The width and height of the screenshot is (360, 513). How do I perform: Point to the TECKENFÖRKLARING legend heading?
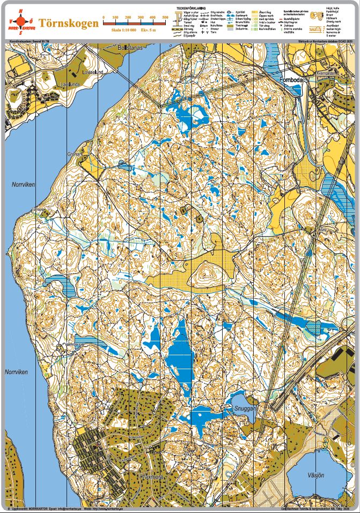click(x=192, y=8)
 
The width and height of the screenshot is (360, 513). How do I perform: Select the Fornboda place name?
click(x=292, y=81)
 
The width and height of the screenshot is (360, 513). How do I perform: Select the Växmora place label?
click(x=151, y=475)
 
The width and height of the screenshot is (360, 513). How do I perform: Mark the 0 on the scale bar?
click(x=104, y=18)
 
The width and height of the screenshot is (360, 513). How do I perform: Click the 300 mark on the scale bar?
click(x=141, y=18)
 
